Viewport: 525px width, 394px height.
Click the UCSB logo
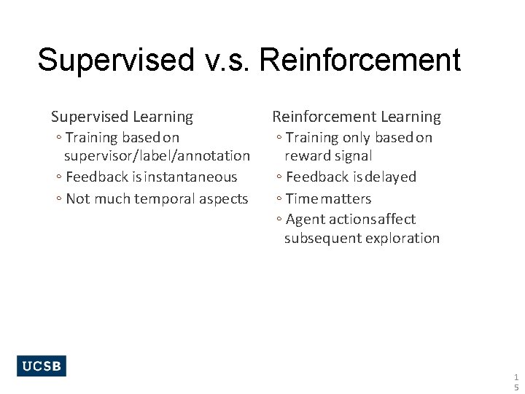coord(42,366)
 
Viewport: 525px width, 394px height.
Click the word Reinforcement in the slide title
coord(359,60)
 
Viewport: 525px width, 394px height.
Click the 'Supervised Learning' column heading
coord(122,117)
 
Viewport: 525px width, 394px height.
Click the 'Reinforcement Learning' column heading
coord(357,117)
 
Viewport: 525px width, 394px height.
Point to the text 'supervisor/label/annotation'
coord(157,156)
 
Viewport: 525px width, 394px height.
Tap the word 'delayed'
coord(391,177)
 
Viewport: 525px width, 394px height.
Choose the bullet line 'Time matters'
coord(328,199)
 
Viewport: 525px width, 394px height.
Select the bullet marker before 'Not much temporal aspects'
coord(58,199)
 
